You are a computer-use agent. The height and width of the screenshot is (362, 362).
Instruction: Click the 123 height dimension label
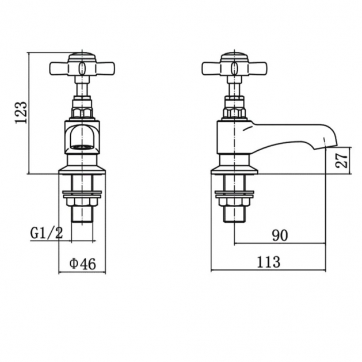[21, 112]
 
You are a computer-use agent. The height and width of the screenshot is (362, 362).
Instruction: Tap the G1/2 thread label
[47, 233]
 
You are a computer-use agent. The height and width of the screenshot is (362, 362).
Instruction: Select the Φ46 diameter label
[83, 264]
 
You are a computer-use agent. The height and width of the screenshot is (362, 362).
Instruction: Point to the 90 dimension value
[280, 235]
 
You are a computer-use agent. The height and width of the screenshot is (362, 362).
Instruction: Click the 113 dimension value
[269, 262]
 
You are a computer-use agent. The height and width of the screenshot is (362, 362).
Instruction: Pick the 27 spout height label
[341, 161]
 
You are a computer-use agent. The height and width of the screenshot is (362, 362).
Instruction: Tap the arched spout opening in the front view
[82, 137]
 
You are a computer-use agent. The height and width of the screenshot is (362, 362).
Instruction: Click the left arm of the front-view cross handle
[59, 68]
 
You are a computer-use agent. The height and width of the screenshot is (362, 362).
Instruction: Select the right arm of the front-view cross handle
[105, 68]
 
